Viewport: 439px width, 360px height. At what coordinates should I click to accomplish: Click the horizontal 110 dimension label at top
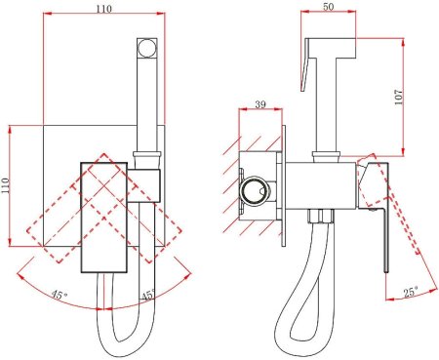click(x=103, y=9)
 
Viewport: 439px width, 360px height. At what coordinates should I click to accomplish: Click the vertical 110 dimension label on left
click(x=6, y=185)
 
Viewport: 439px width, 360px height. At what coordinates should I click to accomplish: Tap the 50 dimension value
click(x=329, y=7)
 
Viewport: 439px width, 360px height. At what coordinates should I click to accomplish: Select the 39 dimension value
click(x=260, y=104)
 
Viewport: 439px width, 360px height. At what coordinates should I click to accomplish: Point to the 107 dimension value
click(x=398, y=97)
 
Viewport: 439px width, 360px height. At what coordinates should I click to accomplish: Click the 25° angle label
click(x=411, y=292)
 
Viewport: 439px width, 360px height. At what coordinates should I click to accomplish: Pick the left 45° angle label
click(x=60, y=296)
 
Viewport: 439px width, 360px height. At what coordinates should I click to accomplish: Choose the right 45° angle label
click(x=148, y=296)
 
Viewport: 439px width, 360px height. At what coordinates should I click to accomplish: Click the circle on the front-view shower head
click(x=146, y=48)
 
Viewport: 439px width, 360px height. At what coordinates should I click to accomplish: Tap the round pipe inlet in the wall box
click(x=255, y=190)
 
